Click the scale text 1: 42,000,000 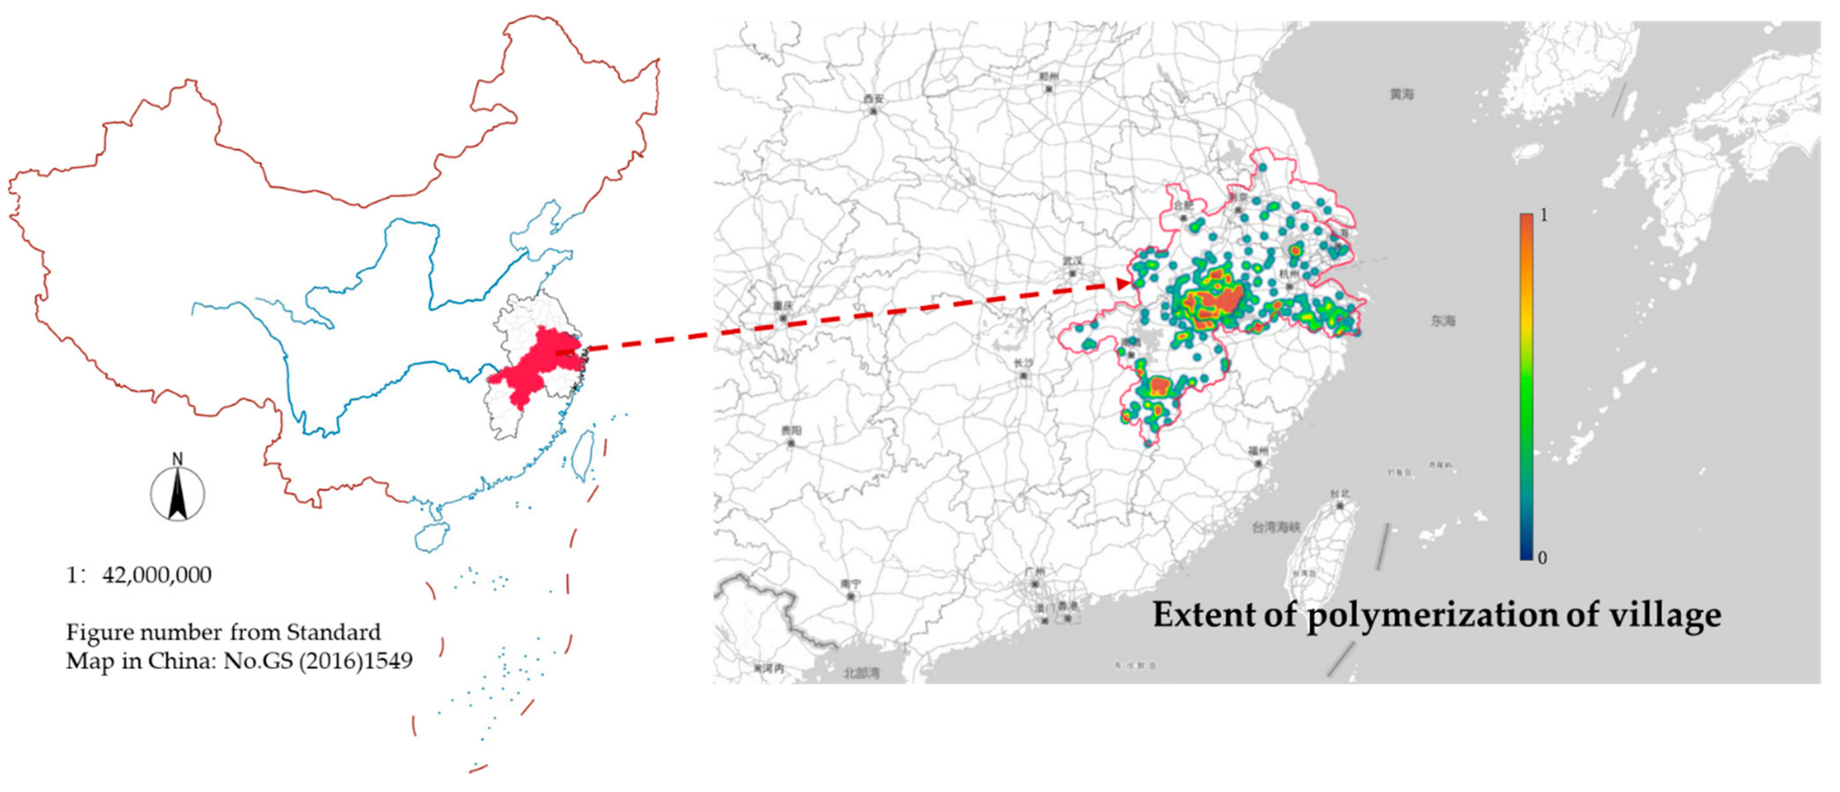[139, 576]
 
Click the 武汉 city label [1072, 261]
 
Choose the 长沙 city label [1023, 363]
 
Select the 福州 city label [1258, 451]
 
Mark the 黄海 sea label [1402, 94]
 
